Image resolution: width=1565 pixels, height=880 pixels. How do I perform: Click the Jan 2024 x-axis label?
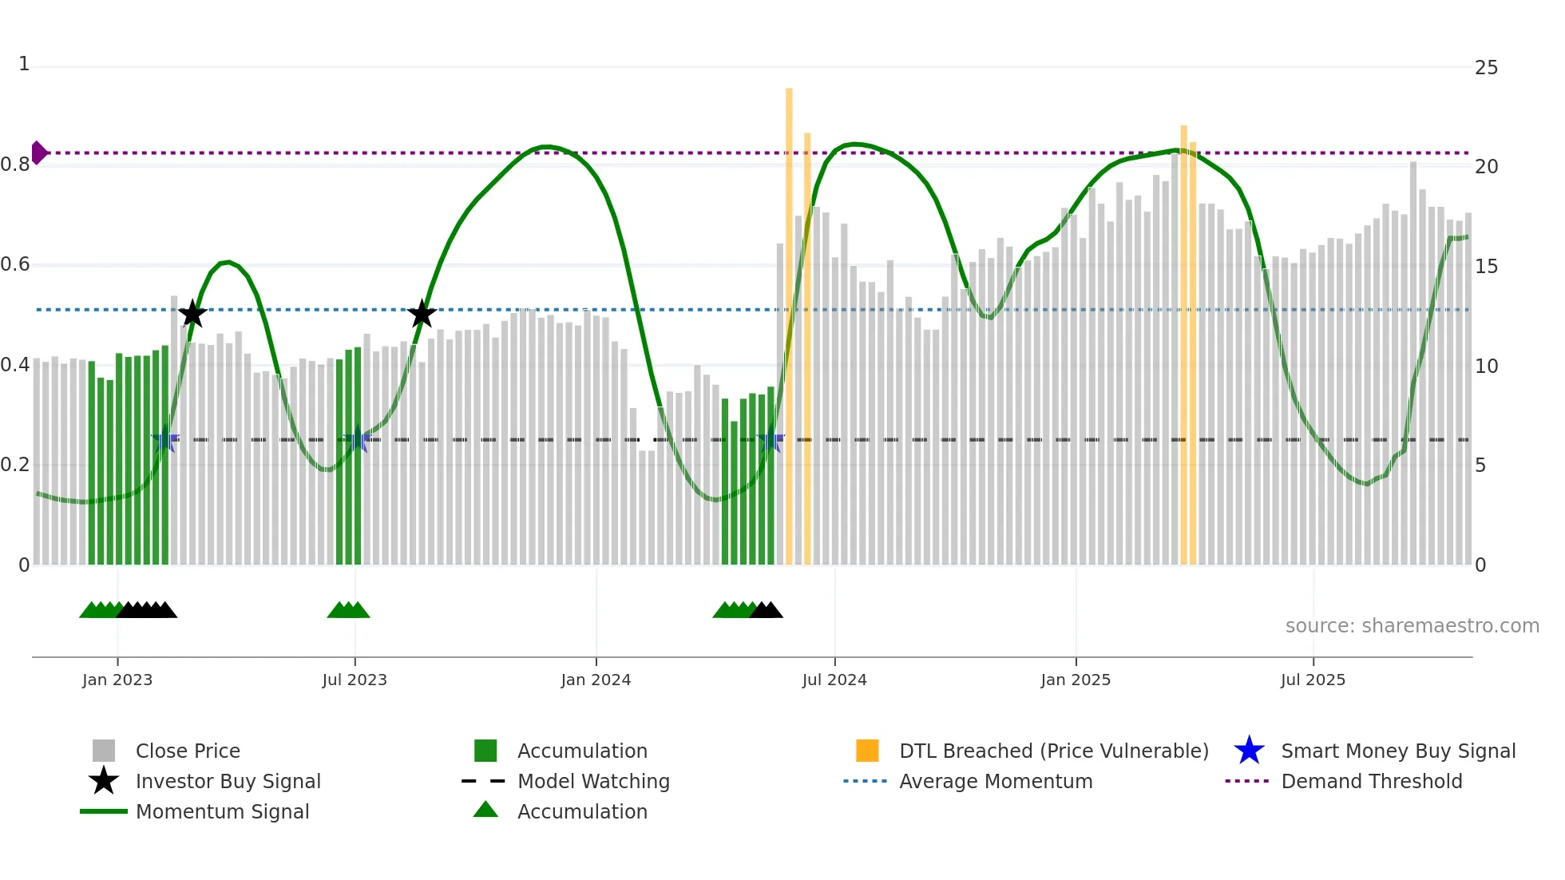(596, 680)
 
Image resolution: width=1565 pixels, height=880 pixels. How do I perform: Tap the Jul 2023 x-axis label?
(355, 680)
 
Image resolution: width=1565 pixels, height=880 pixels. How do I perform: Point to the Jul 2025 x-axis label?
(1313, 680)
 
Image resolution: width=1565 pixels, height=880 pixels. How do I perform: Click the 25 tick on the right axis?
(1486, 68)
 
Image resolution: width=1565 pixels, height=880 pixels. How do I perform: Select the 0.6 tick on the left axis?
(16, 264)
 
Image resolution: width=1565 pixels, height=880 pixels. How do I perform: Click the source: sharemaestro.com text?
(1412, 626)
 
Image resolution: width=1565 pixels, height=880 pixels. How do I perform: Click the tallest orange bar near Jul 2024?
(789, 319)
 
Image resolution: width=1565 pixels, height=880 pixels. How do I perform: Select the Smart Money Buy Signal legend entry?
(1397, 751)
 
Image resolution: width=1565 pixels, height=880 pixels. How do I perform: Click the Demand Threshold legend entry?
(1371, 782)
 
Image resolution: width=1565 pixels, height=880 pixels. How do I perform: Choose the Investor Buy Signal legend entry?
(228, 782)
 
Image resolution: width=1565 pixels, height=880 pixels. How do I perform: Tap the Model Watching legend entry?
(592, 782)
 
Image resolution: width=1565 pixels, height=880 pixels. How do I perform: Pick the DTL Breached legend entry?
(1053, 751)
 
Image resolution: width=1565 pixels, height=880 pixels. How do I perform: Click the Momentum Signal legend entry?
(222, 812)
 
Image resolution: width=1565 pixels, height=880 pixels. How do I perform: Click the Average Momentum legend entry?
(995, 782)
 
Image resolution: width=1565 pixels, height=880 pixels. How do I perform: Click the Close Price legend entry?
(187, 751)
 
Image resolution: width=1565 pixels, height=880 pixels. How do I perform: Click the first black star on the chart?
(192, 314)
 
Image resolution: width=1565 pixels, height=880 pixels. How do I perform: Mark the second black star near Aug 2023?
(422, 314)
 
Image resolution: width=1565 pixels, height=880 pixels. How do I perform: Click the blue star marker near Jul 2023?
(356, 440)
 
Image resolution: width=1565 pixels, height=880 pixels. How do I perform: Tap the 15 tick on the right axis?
(1486, 267)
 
